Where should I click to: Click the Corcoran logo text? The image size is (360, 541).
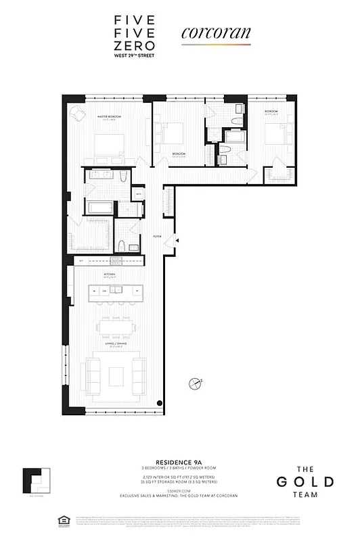coord(215,32)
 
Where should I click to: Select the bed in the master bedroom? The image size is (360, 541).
coord(109,144)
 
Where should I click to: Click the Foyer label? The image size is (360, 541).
coord(157,236)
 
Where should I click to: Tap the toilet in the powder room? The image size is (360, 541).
coord(119,245)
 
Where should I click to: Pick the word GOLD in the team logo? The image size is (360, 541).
coord(304,482)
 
